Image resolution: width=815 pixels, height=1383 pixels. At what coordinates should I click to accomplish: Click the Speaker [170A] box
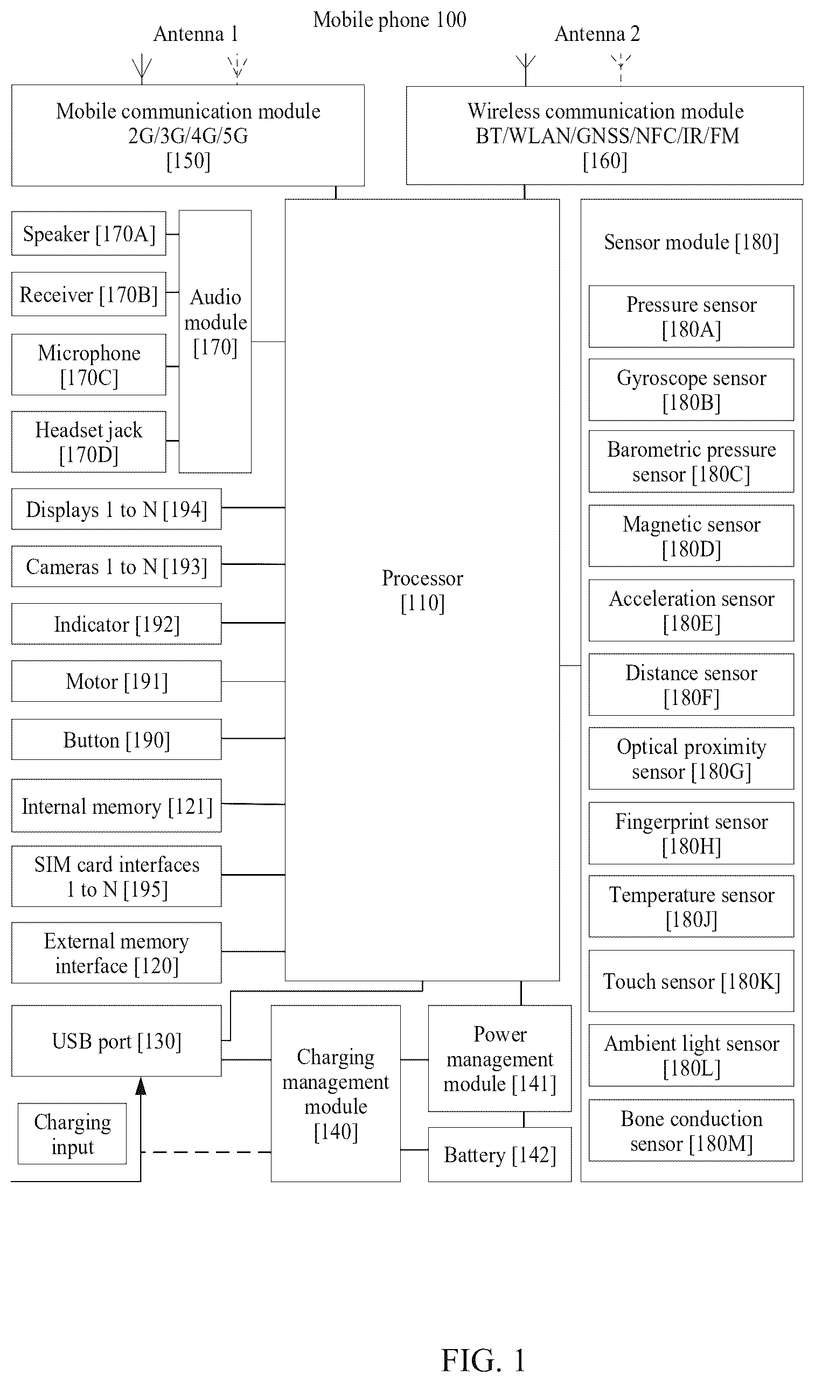tap(88, 233)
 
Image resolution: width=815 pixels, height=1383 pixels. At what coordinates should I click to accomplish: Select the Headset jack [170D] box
tap(88, 442)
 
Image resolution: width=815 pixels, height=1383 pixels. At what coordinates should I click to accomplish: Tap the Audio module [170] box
tap(215, 341)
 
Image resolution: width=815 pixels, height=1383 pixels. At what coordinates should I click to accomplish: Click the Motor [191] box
tap(116, 681)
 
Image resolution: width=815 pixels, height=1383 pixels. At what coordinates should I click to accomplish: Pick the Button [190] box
tap(116, 739)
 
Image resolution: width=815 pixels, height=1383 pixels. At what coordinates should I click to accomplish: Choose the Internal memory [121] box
tap(116, 806)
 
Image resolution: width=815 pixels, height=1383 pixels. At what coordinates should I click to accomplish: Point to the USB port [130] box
tap(116, 1041)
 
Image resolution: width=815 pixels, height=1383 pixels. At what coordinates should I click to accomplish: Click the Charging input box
tap(72, 1134)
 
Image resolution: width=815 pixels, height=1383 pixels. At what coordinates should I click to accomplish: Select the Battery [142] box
tap(500, 1155)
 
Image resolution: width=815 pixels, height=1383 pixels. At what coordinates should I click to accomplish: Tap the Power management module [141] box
tap(500, 1059)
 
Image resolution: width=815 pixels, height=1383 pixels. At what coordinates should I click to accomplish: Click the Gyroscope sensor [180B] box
tap(692, 390)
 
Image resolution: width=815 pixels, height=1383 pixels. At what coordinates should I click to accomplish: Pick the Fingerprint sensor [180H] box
tap(692, 834)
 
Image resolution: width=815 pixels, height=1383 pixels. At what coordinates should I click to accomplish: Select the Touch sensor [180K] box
tap(692, 981)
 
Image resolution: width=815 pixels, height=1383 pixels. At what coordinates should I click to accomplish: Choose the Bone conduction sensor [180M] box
tap(692, 1130)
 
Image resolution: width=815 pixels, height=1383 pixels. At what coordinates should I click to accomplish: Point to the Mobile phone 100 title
tap(390, 20)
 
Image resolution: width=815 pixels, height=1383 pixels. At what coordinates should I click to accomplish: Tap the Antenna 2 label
tap(597, 34)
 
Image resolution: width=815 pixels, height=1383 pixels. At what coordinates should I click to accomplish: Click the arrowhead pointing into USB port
tap(141, 1085)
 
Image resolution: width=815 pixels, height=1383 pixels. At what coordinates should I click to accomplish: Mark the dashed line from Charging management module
tap(206, 1152)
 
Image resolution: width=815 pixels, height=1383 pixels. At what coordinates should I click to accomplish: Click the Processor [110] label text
tap(422, 590)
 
